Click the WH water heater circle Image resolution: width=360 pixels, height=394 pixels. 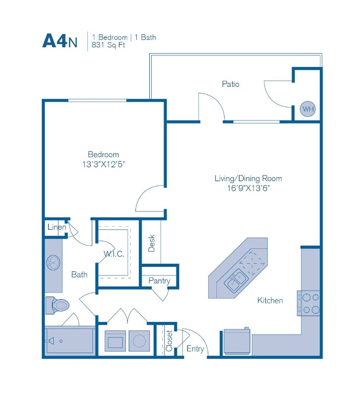pos(308,109)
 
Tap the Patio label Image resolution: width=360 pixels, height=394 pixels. pos(230,84)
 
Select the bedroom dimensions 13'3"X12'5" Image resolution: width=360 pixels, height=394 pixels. pos(103,164)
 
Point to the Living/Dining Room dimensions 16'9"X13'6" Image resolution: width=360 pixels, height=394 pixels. pos(248,188)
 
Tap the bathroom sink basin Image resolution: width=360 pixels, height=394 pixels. pos(52,263)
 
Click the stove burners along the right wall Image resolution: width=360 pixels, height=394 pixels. pos(309,303)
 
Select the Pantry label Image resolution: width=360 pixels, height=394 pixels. pos(159,281)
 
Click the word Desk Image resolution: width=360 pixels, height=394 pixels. pos(151,243)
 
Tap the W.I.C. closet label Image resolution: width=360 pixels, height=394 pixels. pos(113,254)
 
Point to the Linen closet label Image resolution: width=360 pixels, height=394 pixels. pos(56,227)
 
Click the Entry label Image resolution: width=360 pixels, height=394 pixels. pos(195,349)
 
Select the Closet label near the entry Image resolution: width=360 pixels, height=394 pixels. pos(169,340)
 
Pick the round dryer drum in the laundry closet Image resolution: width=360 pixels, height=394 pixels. pos(138,340)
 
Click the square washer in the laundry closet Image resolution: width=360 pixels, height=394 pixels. pos(114,340)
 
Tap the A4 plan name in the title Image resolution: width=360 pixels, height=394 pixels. pos(55,41)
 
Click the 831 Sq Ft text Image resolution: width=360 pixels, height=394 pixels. pos(108,45)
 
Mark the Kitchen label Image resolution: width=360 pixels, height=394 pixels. pos(270,300)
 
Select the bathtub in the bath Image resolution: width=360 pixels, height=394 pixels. pos(70,340)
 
